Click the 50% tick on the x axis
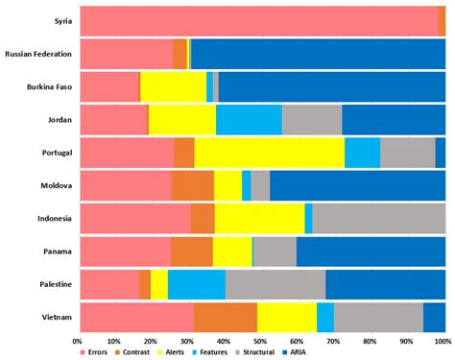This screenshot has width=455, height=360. pyautogui.click(x=261, y=341)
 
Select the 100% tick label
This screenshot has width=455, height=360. pyautogui.click(x=443, y=341)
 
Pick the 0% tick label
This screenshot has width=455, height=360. pyautogui.click(x=78, y=341)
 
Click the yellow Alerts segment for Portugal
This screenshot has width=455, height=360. pyautogui.click(x=269, y=153)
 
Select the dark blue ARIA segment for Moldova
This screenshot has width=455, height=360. pyautogui.click(x=357, y=185)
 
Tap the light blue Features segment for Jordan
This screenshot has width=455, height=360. pyautogui.click(x=249, y=120)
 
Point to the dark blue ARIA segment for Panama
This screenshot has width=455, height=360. pyautogui.click(x=371, y=252)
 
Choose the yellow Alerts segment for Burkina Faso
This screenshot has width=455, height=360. pyautogui.click(x=173, y=86)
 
